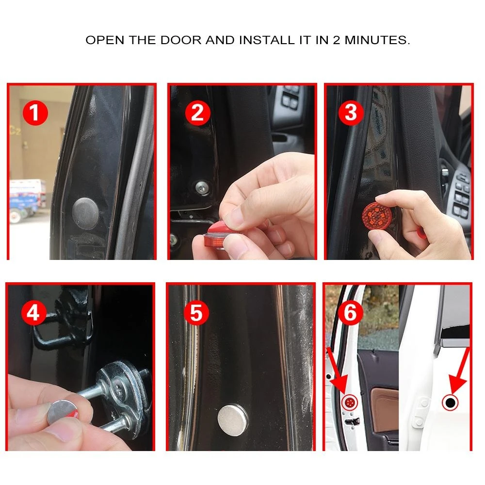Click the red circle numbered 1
pos(35,113)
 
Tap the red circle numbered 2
pos(198,113)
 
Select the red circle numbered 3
pos(351,113)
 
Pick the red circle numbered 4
pos(34,313)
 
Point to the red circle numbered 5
pos(196,313)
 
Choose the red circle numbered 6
pos(351,313)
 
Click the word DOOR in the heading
pos(181,40)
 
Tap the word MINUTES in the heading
pos(377,40)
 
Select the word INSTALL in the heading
pos(267,40)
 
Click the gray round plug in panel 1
pos(85,213)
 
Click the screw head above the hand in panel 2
pos(202,187)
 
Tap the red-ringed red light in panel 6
pos(350,403)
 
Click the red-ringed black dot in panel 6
pos(451,403)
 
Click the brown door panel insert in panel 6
pos(385,410)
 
